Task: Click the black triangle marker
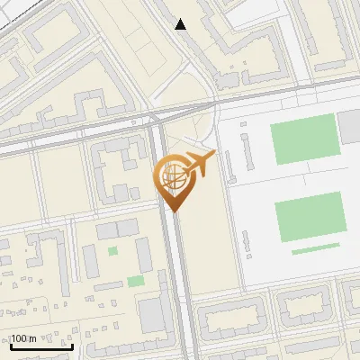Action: [181, 24]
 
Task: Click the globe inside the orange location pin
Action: [172, 177]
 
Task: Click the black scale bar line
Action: [41, 346]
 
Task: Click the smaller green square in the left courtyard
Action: [112, 251]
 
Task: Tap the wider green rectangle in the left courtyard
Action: [135, 281]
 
